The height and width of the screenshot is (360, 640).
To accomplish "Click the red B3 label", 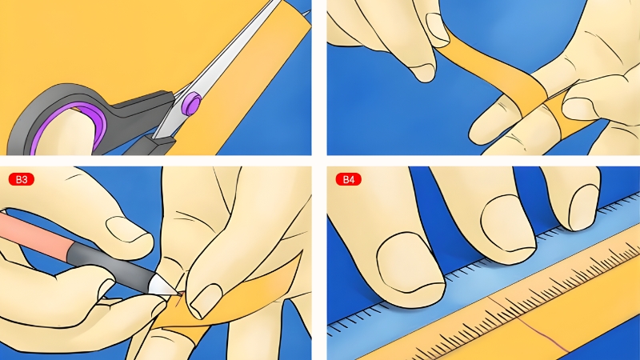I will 22,179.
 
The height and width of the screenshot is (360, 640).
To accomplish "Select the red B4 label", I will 350,179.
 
